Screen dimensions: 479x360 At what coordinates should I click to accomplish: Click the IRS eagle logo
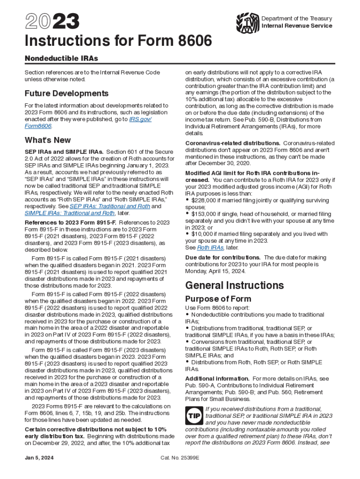point(248,22)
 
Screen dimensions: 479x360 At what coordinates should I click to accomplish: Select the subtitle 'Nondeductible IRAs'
point(61,59)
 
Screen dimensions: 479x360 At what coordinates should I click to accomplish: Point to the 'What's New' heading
point(48,140)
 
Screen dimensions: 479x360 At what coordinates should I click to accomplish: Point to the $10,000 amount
point(202,234)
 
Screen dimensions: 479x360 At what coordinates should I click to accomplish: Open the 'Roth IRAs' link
point(210,247)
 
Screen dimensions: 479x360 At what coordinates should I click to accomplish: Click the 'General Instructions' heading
point(234,285)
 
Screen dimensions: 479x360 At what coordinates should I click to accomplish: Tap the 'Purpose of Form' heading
point(218,298)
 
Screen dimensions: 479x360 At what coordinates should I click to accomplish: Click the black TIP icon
point(194,416)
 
